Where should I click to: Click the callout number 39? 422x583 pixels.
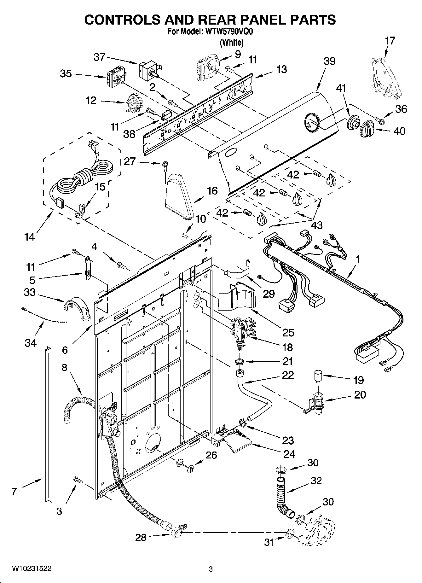[330, 61]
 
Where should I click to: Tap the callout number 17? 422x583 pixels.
[390, 41]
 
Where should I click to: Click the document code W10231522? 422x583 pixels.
[32, 568]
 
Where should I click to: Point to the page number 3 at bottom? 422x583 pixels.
[211, 569]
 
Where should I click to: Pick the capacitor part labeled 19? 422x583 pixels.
[318, 376]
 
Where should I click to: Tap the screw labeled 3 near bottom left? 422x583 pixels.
[78, 480]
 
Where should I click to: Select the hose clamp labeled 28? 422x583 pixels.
[177, 533]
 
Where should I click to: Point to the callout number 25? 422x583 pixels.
[288, 332]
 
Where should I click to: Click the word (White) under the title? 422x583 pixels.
[232, 42]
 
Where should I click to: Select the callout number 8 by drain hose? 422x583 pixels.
[64, 368]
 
